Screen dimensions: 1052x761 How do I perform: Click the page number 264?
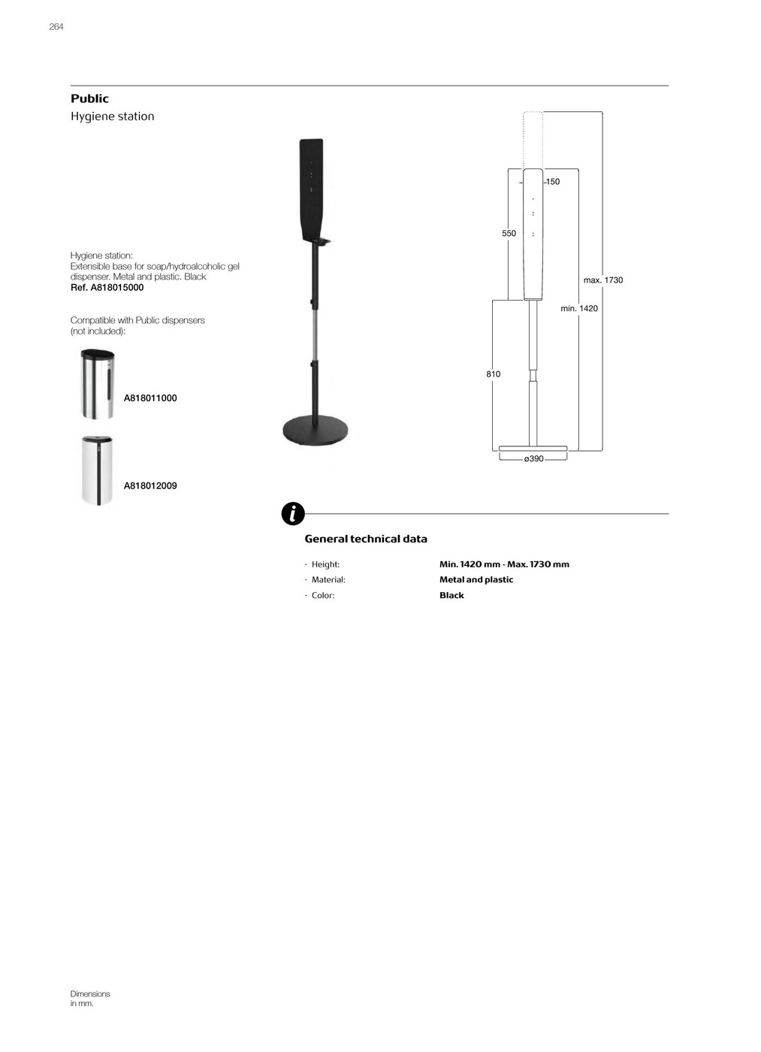(56, 27)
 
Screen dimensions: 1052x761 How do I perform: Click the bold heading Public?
(89, 98)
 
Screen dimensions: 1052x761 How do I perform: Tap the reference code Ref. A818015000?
(107, 288)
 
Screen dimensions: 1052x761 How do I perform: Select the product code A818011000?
(150, 398)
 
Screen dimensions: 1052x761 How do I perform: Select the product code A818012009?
(150, 486)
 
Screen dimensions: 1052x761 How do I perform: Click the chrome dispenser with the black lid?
(97, 384)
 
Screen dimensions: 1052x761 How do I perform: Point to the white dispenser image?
(97, 470)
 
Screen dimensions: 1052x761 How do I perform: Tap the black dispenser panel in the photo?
(312, 188)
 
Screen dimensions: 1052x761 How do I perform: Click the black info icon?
(293, 514)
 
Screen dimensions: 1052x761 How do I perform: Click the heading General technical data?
(366, 539)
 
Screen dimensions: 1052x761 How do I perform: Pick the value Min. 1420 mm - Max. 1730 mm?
(504, 564)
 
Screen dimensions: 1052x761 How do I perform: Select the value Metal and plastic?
(476, 580)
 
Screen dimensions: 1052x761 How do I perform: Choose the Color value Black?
(451, 596)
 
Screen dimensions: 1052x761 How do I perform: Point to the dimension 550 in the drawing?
(509, 234)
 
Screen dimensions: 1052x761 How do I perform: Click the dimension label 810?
(493, 374)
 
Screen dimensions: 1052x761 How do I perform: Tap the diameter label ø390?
(533, 459)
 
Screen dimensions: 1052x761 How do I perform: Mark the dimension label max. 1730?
(603, 280)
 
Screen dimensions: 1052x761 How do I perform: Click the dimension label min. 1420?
(579, 309)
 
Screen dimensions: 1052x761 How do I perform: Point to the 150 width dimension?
(553, 182)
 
